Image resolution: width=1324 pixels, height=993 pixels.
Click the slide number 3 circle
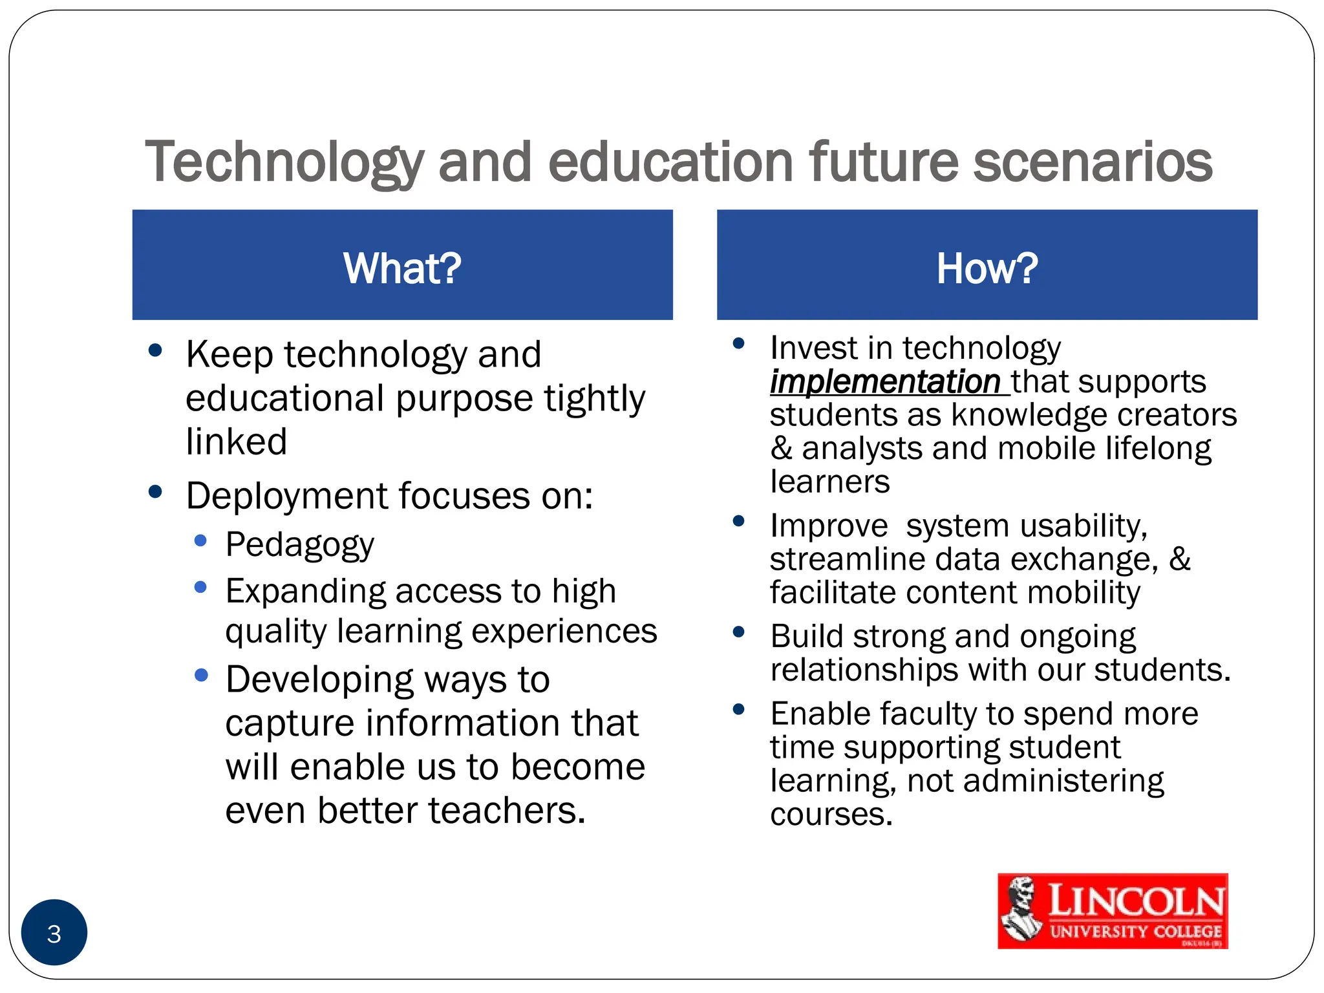click(54, 932)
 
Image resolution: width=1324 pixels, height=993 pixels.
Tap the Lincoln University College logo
click(1113, 911)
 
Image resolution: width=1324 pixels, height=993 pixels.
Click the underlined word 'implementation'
click(885, 381)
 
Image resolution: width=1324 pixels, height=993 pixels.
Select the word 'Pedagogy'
click(299, 545)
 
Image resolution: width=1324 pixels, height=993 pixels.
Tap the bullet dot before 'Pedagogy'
click(200, 540)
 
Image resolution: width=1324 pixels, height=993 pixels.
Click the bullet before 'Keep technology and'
click(155, 350)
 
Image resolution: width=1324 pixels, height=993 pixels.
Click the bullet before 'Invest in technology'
click(739, 343)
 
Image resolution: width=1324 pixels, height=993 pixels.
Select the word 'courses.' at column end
click(831, 814)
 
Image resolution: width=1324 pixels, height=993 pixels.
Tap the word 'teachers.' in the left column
click(507, 811)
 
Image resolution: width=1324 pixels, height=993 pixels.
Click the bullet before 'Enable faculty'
click(739, 709)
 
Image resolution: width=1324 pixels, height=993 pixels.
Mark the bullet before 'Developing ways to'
click(201, 675)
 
